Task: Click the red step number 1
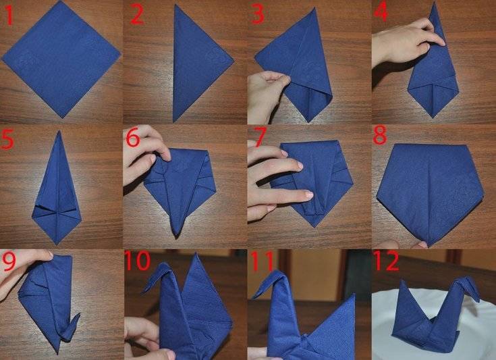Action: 9,16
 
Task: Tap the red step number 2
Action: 137,16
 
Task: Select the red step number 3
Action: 258,16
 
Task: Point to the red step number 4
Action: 381,13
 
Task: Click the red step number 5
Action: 7,139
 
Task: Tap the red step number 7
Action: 260,137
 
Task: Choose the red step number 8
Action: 380,135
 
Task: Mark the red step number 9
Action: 9,261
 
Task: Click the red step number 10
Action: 137,260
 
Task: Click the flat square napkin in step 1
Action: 61,59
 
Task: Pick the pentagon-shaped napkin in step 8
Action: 430,190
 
